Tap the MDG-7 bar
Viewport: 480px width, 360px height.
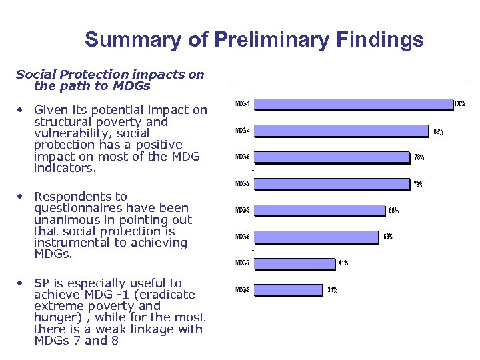pos(294,263)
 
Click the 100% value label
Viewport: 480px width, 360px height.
pos(459,104)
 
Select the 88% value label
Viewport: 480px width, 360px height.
pos(438,132)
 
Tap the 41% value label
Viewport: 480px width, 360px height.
pos(343,263)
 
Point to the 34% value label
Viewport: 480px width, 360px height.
pos(332,290)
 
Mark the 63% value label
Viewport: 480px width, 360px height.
pos(388,237)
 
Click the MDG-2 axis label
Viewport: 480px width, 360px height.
pos(243,183)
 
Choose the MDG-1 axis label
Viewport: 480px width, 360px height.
pos(243,103)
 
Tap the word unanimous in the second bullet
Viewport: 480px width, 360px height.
pos(68,220)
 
